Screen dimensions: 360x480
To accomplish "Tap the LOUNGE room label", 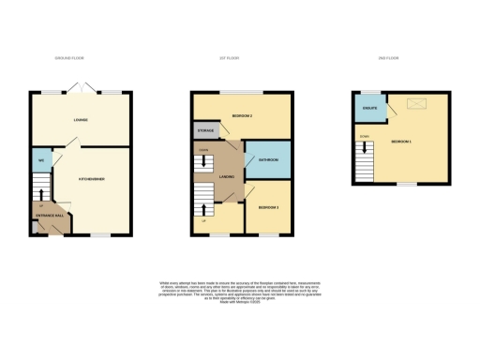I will tap(81, 121).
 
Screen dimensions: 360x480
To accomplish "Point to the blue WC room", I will tap(41, 160).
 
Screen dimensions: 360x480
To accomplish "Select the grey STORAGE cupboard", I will tap(205, 130).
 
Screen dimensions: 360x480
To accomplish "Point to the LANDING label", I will tap(226, 177).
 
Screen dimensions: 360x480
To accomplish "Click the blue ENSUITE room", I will tap(367, 110).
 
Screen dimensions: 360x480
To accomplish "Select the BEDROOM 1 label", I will tap(403, 141).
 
